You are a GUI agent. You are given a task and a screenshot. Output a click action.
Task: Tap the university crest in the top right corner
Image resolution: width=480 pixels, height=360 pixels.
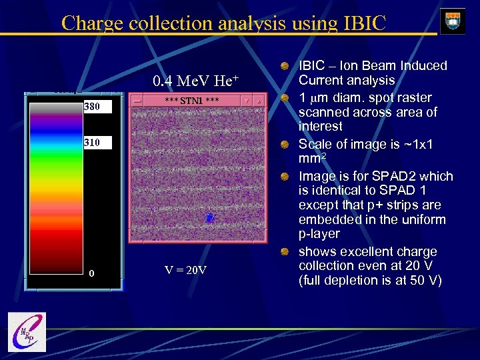pos(453,20)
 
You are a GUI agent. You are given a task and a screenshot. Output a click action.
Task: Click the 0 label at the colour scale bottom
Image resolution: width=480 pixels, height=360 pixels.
pos(92,273)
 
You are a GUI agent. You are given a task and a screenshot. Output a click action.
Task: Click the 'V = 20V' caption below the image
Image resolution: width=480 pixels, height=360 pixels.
pos(185,270)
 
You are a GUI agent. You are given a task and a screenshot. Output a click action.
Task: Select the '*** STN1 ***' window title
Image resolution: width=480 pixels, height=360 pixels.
pos(192,100)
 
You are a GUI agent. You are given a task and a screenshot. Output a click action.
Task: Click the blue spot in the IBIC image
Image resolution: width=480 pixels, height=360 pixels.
pos(209,217)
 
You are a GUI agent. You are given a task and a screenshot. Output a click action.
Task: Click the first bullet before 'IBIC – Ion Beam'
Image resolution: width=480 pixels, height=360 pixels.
pos(285,66)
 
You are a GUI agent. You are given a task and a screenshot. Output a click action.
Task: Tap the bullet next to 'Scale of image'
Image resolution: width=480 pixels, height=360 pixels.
pos(285,145)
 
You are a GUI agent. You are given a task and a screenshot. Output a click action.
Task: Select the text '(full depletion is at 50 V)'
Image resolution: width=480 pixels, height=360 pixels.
pos(370,280)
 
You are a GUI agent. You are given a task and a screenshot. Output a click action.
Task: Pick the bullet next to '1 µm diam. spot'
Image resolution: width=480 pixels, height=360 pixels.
pos(285,98)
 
